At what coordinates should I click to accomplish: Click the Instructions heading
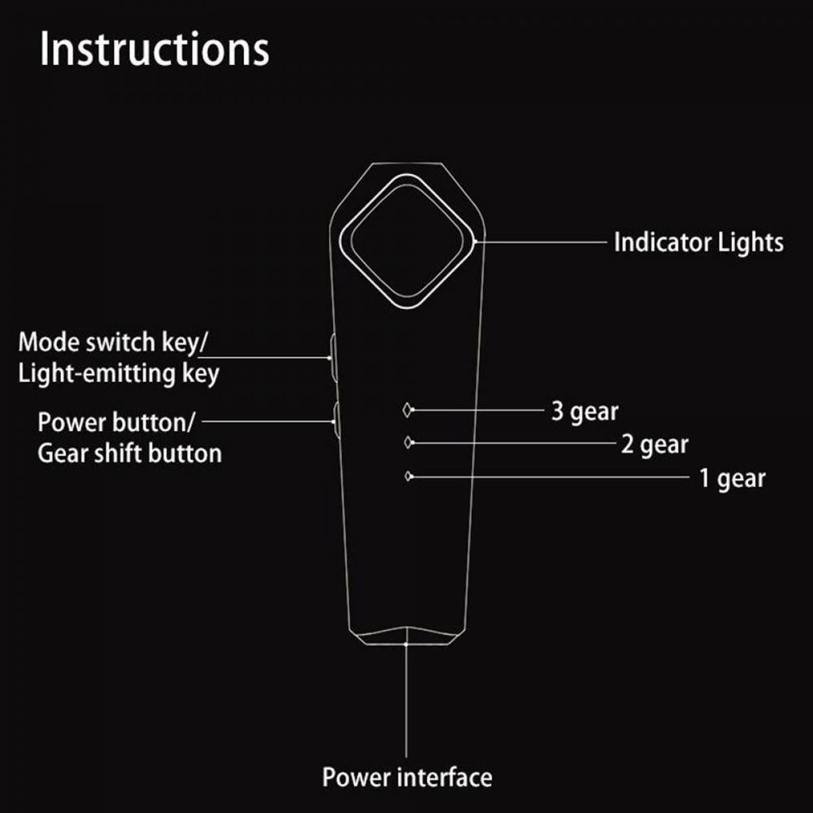click(154, 49)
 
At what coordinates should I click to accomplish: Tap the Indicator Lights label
click(698, 242)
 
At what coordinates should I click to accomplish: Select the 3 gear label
click(585, 411)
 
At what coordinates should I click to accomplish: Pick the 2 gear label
click(654, 445)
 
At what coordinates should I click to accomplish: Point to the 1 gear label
click(733, 479)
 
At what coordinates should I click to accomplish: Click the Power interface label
click(407, 777)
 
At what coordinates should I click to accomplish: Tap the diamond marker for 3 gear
click(407, 410)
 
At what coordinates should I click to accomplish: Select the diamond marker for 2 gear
click(408, 443)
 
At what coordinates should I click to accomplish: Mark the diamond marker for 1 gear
click(409, 476)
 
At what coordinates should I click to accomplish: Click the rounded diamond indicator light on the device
click(407, 241)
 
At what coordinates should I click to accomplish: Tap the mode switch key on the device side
click(333, 358)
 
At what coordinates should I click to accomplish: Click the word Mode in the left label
click(50, 343)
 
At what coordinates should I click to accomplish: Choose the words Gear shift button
click(129, 453)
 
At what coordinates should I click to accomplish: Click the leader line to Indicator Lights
click(541, 241)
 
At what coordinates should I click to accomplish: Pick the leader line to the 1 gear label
click(550, 476)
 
